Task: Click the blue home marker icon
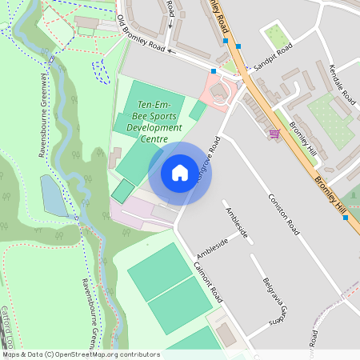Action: point(180,173)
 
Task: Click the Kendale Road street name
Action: point(342,84)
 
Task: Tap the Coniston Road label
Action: point(284,214)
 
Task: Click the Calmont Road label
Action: point(206,280)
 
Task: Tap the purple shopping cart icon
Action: point(274,134)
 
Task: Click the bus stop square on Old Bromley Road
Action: point(214,72)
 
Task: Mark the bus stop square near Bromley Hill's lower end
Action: point(346,218)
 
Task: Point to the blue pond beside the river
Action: point(54,196)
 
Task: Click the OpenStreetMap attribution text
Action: point(81,354)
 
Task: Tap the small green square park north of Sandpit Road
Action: point(276,36)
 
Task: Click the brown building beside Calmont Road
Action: point(227,335)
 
